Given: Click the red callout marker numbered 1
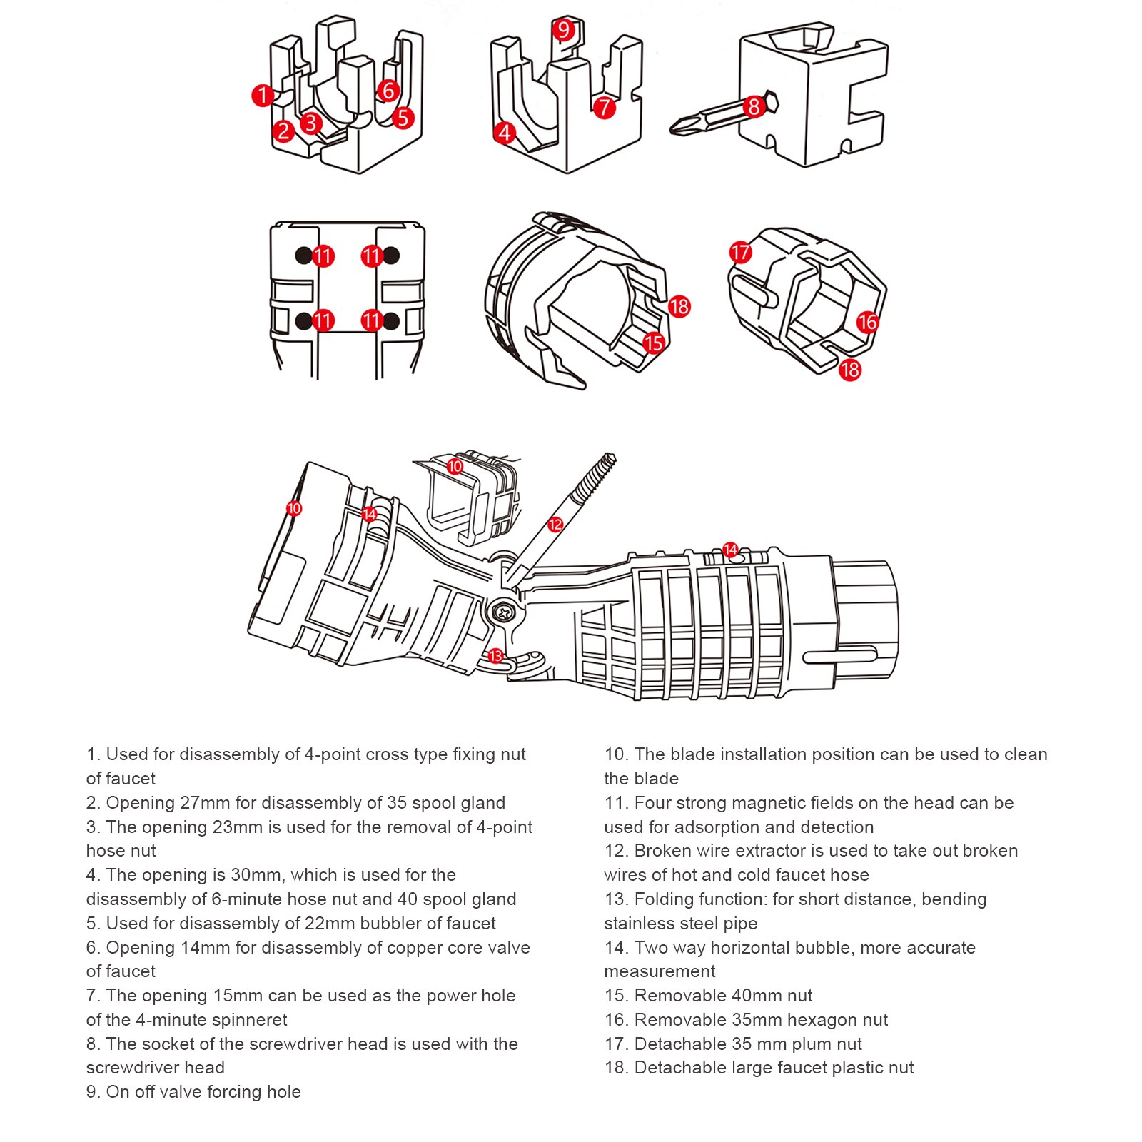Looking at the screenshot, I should coord(263,95).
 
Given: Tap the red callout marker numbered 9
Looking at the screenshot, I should coord(564,29).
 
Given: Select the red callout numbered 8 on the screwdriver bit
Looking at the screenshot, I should coord(754,107).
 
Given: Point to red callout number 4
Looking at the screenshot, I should coord(505,133).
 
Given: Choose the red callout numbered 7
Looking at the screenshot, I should coord(605,108).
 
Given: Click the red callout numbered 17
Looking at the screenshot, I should coord(740,252).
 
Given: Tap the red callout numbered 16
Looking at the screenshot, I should coord(867,322).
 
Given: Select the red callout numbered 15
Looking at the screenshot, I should coord(653,343).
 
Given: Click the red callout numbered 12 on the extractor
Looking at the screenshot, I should coord(555,525).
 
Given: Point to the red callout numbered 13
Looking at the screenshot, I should coord(495,655).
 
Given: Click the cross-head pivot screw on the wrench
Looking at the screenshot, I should coord(505,612).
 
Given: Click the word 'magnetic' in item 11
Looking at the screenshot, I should coord(812,803).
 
